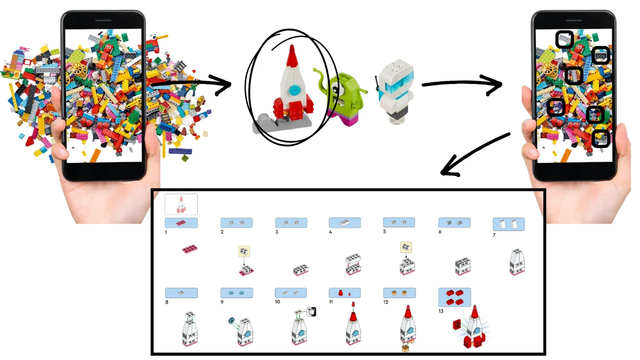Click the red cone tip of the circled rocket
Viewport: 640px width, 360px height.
pos(292,56)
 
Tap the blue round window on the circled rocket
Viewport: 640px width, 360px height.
pos(294,91)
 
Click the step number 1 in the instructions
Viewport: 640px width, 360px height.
pos(166,232)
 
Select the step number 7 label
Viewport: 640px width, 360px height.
pos(494,235)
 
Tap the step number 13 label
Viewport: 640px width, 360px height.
pos(441,311)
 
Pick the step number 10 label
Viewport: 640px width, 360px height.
pos(277,302)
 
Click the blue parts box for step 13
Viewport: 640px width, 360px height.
pos(455,298)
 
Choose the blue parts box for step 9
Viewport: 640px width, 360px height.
pos(237,293)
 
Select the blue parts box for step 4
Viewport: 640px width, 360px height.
pos(345,223)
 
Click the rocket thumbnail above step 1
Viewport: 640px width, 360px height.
pos(181,204)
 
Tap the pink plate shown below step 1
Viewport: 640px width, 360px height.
pos(190,249)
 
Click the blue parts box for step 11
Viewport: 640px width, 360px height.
pos(345,293)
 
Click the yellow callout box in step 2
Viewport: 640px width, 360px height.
pos(244,251)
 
